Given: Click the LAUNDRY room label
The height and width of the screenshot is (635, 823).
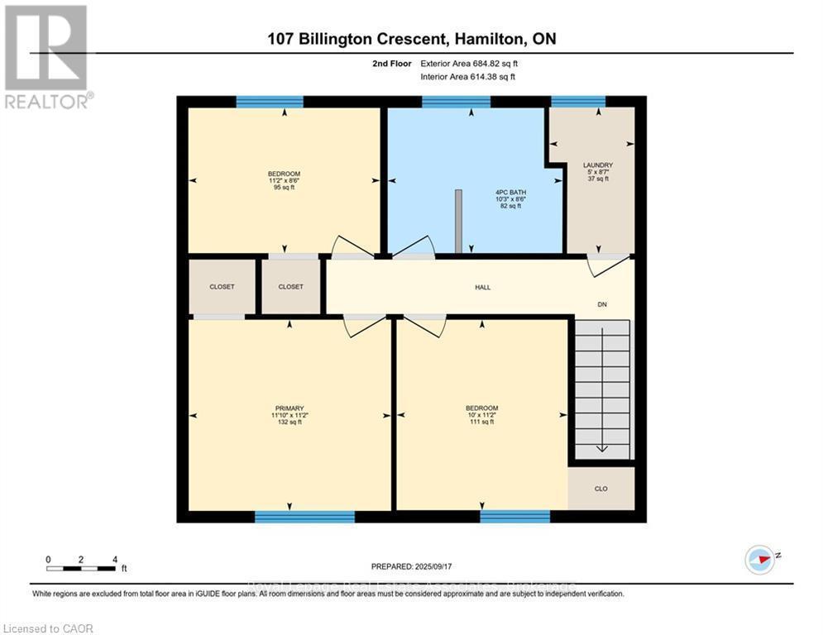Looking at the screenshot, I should coord(597,165).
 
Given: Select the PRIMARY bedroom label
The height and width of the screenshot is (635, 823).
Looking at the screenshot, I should coord(289,408).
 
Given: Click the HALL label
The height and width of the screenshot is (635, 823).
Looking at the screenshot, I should coord(482,287).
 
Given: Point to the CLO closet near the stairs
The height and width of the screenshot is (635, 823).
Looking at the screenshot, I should coord(601,489).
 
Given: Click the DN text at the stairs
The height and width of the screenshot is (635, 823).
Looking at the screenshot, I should coord(603,305).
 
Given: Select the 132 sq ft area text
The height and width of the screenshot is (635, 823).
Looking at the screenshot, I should coord(289,422).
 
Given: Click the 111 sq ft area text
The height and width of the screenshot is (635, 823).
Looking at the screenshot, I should coord(481,422).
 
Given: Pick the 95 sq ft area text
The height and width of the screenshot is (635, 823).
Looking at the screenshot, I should coord(284,188).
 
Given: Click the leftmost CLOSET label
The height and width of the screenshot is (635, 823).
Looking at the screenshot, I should coord(221,287).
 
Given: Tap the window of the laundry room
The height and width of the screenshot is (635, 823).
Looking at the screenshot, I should coord(578,102).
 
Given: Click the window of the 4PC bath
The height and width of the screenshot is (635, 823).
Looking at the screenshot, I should coord(456,102).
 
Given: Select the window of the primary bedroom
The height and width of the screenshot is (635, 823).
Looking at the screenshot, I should coord(304,517).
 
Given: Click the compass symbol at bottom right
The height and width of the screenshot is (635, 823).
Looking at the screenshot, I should coord(759,560).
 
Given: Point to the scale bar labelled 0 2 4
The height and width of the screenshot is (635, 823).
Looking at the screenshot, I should coord(81,568).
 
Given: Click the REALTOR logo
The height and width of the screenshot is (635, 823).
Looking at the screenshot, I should coord(47,56).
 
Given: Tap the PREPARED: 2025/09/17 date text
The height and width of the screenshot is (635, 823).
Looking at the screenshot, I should coord(411,566).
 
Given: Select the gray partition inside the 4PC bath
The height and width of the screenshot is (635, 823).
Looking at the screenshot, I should coord(457,221).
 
